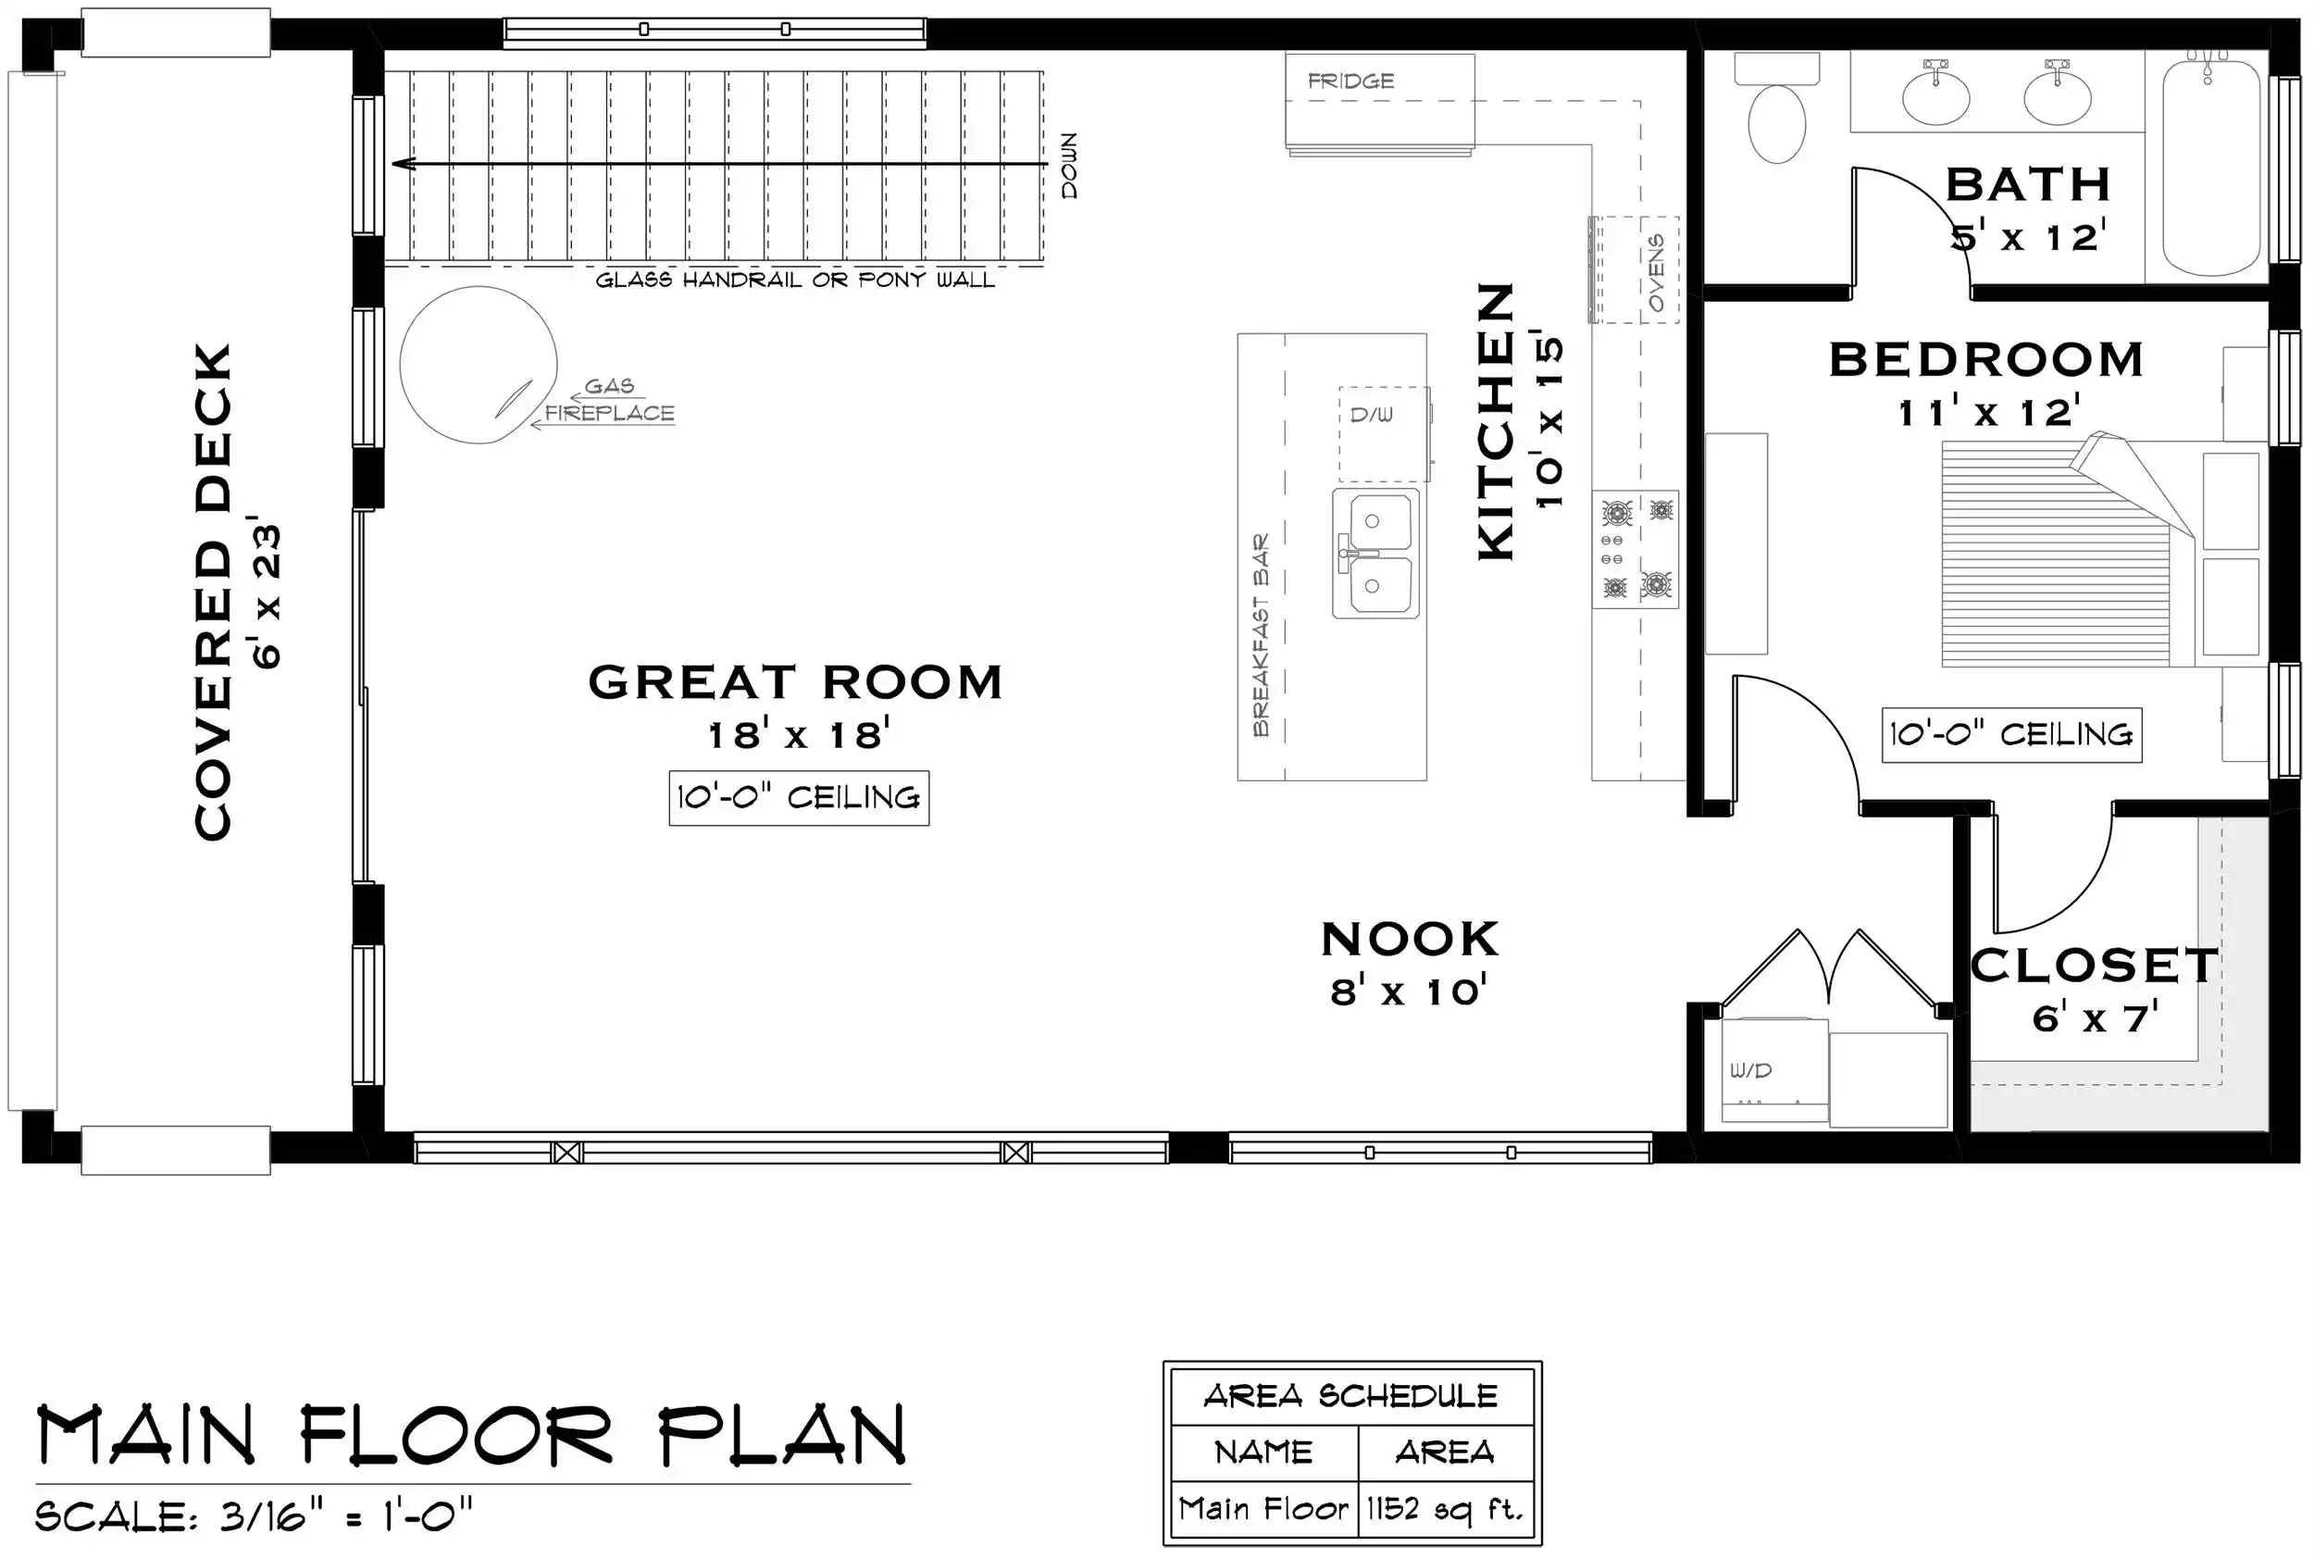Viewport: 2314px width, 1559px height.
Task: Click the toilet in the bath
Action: (x=1776, y=109)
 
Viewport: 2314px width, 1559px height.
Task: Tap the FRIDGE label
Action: (x=1350, y=81)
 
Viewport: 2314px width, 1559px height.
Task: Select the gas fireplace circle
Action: (x=479, y=365)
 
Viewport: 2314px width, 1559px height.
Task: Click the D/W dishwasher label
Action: (x=1371, y=415)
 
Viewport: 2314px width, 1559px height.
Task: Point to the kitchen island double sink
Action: (x=1375, y=553)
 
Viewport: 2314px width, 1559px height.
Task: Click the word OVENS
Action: (x=1656, y=271)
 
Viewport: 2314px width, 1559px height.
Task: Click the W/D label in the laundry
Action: (x=1750, y=1071)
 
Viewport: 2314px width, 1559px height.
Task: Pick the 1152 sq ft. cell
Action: (x=1445, y=1509)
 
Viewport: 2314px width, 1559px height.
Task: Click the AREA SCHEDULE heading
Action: (x=1350, y=1396)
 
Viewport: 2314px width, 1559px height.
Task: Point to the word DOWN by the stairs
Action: (x=1068, y=165)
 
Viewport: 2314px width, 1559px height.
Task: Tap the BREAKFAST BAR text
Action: (x=1261, y=634)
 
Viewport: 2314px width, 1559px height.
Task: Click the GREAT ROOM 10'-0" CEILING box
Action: (x=799, y=797)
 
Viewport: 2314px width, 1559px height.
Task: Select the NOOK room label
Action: (x=1410, y=940)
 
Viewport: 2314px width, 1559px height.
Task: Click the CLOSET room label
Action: (x=2095, y=966)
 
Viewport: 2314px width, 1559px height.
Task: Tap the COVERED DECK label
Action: (x=213, y=592)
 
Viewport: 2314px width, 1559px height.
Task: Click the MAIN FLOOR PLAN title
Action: (x=471, y=1436)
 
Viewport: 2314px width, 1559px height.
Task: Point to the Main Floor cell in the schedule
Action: (x=1264, y=1509)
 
